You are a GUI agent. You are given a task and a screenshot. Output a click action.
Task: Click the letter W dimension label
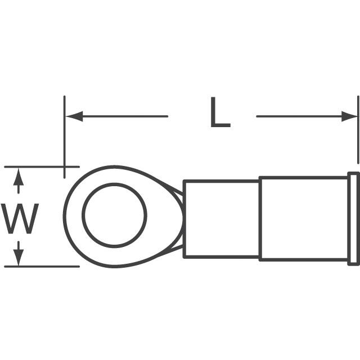(x=21, y=219)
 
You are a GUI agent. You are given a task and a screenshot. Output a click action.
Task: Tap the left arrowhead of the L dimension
(x=74, y=116)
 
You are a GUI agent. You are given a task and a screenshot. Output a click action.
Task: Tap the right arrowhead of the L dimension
(x=349, y=116)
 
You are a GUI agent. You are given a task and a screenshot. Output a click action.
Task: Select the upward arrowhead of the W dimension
(x=19, y=176)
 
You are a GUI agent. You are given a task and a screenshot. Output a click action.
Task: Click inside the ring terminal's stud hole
(x=114, y=215)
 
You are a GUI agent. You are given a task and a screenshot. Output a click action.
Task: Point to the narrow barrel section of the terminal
(x=221, y=219)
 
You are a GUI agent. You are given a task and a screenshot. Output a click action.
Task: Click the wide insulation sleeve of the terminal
(x=304, y=219)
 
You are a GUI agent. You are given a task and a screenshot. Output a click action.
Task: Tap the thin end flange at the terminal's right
(x=354, y=218)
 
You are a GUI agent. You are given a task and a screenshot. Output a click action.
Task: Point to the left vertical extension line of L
(x=65, y=135)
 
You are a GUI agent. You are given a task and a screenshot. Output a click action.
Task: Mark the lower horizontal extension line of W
(x=39, y=267)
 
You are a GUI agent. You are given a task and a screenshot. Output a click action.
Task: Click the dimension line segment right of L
(x=298, y=116)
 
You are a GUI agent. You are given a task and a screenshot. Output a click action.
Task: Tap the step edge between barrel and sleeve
(x=259, y=219)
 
